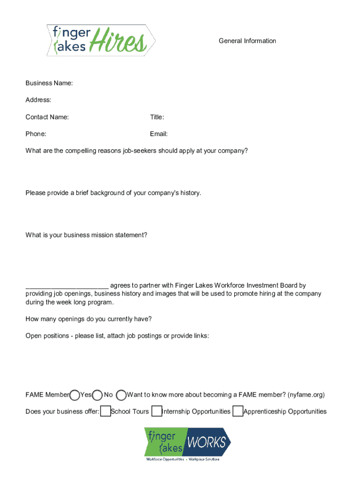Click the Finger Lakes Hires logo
[101, 40]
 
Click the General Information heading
[247, 41]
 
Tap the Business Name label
[49, 83]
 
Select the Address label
[38, 100]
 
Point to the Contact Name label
[47, 117]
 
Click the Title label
[157, 117]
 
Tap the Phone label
[36, 134]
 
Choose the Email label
[159, 134]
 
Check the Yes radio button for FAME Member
[75, 395]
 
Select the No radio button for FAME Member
[98, 395]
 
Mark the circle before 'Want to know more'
[121, 395]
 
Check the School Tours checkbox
[106, 412]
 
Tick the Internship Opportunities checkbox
[157, 412]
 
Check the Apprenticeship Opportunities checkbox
[238, 412]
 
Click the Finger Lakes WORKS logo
[187, 442]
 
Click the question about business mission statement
[86, 235]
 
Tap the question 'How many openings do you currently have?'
[88, 319]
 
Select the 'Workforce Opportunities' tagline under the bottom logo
[164, 459]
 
